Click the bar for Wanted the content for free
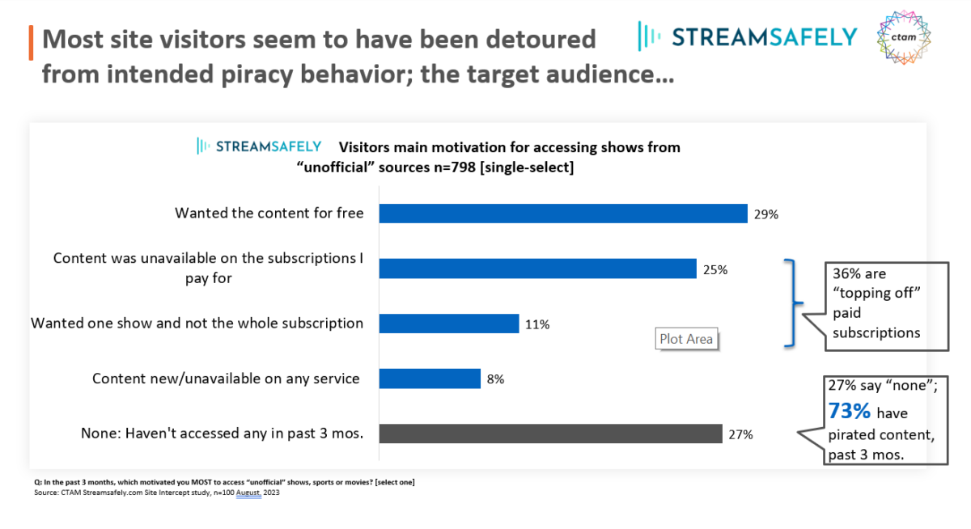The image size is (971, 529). click(x=562, y=214)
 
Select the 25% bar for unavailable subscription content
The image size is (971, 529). click(x=537, y=269)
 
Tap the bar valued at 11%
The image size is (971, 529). click(x=448, y=324)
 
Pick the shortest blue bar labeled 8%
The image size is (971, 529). click(x=430, y=379)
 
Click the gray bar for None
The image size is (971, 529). click(x=550, y=434)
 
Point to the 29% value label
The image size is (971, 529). click(x=765, y=214)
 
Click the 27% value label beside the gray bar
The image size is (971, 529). click(x=740, y=434)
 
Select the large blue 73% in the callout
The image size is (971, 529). click(x=849, y=411)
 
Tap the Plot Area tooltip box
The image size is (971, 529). click(x=686, y=339)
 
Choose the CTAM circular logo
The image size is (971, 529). click(x=904, y=37)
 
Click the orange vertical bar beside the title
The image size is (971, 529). click(x=31, y=42)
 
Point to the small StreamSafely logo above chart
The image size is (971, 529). click(x=259, y=146)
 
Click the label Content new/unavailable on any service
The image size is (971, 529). click(x=226, y=379)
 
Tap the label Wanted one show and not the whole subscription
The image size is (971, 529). click(x=197, y=324)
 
